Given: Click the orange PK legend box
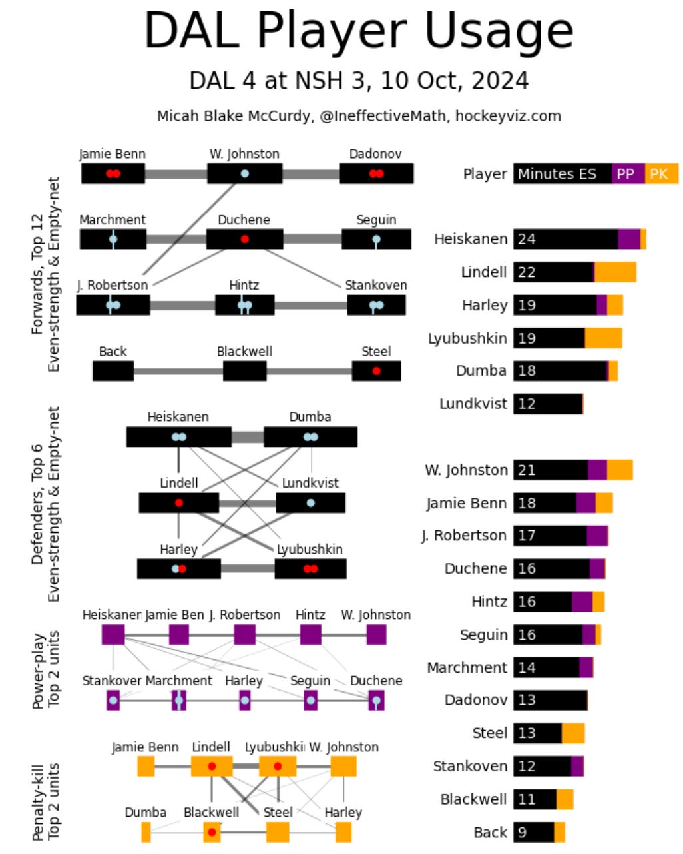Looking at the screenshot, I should [660, 174].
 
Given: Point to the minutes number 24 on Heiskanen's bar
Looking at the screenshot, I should [527, 239].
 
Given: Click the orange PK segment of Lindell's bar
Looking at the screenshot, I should [615, 272].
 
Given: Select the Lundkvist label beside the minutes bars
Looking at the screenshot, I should [473, 404].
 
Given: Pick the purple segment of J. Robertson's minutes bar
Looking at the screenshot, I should [596, 536].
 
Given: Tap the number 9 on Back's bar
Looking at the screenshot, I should [523, 832].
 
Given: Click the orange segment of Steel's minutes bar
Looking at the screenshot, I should [573, 733].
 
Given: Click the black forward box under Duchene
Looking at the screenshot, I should [244, 239].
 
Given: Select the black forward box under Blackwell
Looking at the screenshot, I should [244, 371].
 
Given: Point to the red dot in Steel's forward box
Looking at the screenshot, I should [376, 371].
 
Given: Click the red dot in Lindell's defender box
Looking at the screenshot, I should [178, 503].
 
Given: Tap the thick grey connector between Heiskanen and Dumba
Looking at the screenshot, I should [248, 438].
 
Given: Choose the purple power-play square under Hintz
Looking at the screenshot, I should [310, 635].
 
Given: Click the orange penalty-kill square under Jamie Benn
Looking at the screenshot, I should [146, 766].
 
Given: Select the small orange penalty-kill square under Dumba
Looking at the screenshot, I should [146, 832].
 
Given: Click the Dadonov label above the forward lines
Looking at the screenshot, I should [375, 154].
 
